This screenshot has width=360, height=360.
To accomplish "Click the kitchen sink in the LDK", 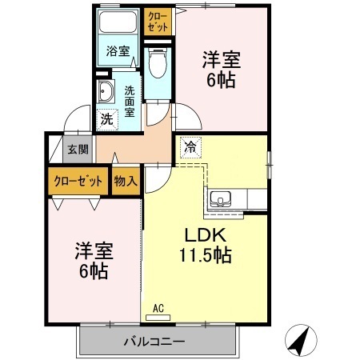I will (x=220, y=199).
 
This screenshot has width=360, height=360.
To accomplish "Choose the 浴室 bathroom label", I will (x=118, y=52).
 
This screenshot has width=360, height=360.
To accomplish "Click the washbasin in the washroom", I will (x=106, y=93).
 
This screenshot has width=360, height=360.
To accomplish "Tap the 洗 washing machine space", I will (x=106, y=118).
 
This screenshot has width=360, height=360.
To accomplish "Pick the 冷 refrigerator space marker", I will (x=190, y=148).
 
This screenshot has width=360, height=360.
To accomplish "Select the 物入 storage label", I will (x=126, y=181).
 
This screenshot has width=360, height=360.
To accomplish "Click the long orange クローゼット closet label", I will (x=78, y=181).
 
